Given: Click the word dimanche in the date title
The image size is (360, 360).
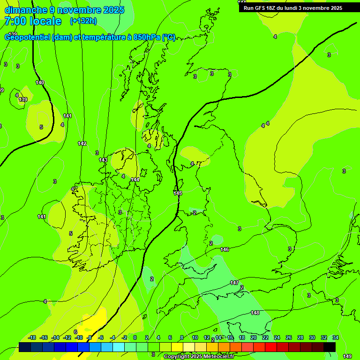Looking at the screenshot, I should pyautogui.click(x=26, y=10).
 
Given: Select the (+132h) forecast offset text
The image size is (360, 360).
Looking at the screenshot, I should pyautogui.click(x=83, y=21).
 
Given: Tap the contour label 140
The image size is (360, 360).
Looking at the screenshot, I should pyautogui.click(x=40, y=83).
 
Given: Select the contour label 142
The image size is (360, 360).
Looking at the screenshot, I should pyautogui.click(x=82, y=143).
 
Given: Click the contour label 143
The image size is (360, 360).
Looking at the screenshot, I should pyautogui.click(x=103, y=160).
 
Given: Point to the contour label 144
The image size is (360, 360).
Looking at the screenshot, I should pyautogui.click(x=135, y=180).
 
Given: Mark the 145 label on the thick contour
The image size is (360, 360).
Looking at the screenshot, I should pyautogui.click(x=178, y=193).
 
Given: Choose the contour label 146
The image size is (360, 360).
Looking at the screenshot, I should pyautogui.click(x=225, y=249).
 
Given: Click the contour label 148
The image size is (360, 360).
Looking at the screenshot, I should pyautogui.click(x=255, y=313).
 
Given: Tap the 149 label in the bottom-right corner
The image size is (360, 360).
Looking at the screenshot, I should pyautogui.click(x=347, y=356).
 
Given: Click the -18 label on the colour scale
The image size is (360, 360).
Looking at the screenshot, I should pyautogui.click(x=32, y=337).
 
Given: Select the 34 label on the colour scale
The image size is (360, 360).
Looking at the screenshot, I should pyautogui.click(x=336, y=337).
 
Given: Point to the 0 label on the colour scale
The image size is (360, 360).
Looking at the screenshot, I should pyautogui.click(x=135, y=337).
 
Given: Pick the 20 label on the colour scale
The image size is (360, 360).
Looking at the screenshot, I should pyautogui.click(x=253, y=337).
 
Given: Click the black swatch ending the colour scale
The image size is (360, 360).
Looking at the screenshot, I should pyautogui.click(x=330, y=347).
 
